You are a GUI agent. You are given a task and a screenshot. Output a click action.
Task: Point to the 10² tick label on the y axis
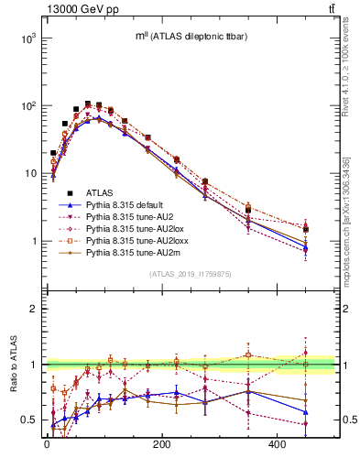[x=27, y=106]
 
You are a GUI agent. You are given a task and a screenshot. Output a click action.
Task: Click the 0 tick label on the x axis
[x=47, y=444]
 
